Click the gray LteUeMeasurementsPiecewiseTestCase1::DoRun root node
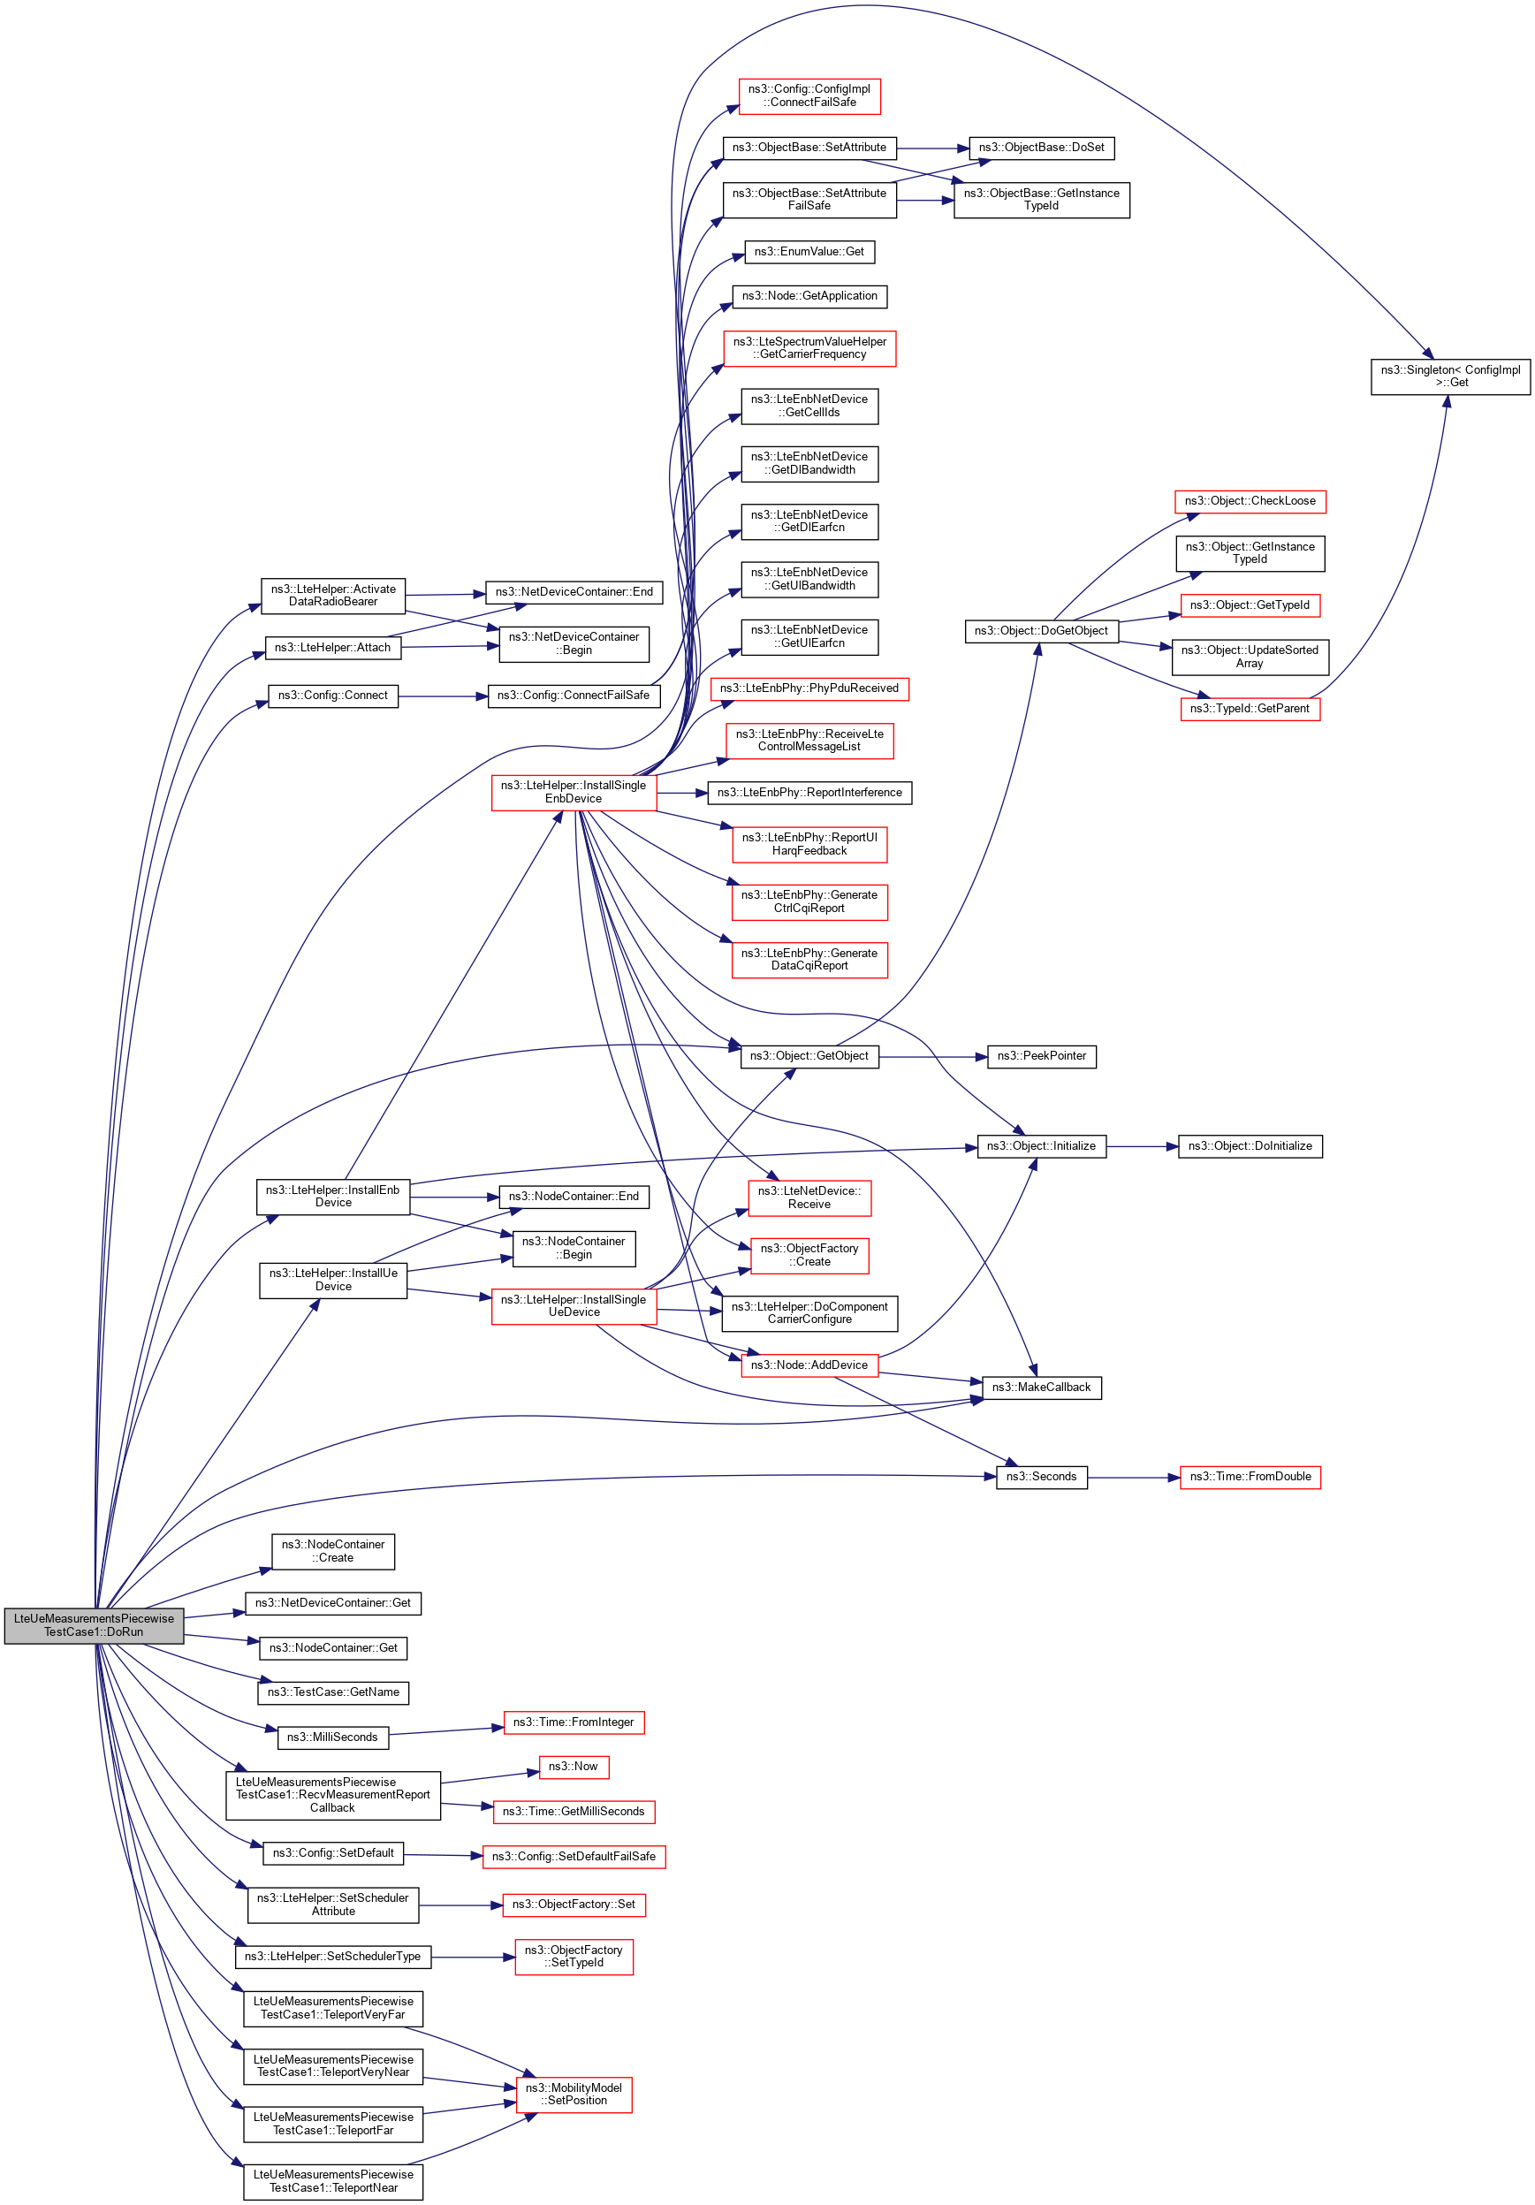(95, 1625)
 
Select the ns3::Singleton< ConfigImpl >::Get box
(1449, 376)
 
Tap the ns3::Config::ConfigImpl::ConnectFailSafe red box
(809, 96)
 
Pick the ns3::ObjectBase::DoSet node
(1041, 148)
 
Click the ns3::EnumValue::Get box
(809, 252)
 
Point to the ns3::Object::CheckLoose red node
(1250, 501)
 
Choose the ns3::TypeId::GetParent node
(1250, 709)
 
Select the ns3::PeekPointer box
(1041, 1056)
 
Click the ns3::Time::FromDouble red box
(1250, 1477)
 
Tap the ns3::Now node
(573, 1766)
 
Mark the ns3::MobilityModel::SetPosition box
(574, 2095)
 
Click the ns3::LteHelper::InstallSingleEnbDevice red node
(574, 793)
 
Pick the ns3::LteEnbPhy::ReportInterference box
(809, 794)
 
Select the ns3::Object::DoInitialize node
(1250, 1146)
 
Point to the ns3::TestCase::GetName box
(333, 1692)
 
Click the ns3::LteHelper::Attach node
(332, 649)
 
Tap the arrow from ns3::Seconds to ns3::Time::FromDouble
(1134, 1477)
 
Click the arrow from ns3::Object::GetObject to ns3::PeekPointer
(932, 1056)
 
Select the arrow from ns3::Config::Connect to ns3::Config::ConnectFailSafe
(443, 696)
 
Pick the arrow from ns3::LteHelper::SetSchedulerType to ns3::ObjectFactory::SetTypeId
(473, 1958)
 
